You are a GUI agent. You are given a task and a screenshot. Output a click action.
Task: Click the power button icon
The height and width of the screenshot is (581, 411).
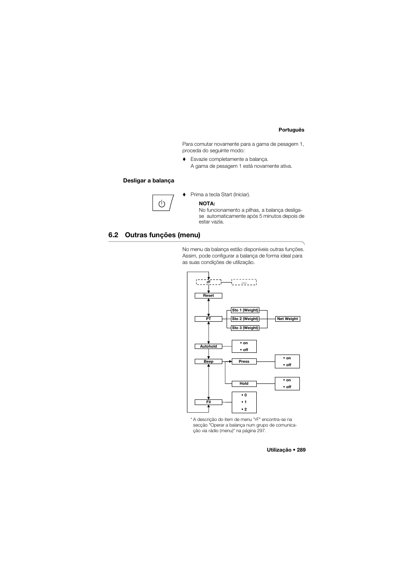click(x=162, y=203)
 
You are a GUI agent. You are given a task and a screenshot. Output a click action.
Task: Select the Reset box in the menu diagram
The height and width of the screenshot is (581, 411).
click(x=208, y=295)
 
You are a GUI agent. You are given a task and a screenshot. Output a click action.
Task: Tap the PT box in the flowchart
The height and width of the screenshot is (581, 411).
click(x=209, y=319)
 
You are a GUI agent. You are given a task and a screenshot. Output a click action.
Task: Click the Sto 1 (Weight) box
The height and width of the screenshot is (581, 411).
click(x=245, y=310)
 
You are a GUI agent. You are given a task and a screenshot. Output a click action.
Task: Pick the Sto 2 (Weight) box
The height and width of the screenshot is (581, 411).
click(x=245, y=319)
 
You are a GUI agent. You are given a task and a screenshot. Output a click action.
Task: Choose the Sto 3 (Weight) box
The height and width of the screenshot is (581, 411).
click(x=245, y=328)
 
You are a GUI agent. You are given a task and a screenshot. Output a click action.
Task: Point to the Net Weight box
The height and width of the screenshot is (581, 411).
click(x=287, y=319)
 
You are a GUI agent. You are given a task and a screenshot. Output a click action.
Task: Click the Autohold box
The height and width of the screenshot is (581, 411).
click(x=209, y=346)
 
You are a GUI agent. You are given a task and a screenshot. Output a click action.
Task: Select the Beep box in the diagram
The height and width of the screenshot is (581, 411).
click(x=209, y=361)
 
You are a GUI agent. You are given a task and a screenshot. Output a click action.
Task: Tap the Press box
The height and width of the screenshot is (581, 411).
click(x=244, y=361)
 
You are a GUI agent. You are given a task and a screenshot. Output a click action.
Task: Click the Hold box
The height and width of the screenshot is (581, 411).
click(x=244, y=383)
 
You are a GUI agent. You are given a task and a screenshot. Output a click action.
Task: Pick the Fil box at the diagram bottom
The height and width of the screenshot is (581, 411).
click(x=209, y=402)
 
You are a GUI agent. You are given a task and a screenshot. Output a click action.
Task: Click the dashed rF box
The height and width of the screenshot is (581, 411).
click(x=209, y=282)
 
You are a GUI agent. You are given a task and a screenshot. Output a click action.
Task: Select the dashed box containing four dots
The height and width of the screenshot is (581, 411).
click(x=244, y=282)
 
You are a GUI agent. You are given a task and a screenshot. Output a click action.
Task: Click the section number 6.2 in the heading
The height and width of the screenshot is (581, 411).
click(x=113, y=235)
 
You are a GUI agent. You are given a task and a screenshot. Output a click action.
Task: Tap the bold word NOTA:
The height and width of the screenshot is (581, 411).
click(x=207, y=203)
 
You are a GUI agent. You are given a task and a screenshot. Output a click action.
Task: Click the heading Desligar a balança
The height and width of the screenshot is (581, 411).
click(x=149, y=181)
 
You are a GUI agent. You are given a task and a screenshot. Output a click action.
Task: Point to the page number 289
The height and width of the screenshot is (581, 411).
click(x=301, y=450)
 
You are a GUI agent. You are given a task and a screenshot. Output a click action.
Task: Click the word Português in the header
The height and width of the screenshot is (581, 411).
click(x=291, y=130)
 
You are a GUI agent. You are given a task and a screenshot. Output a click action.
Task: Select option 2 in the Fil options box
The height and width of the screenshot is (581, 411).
click(x=244, y=409)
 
